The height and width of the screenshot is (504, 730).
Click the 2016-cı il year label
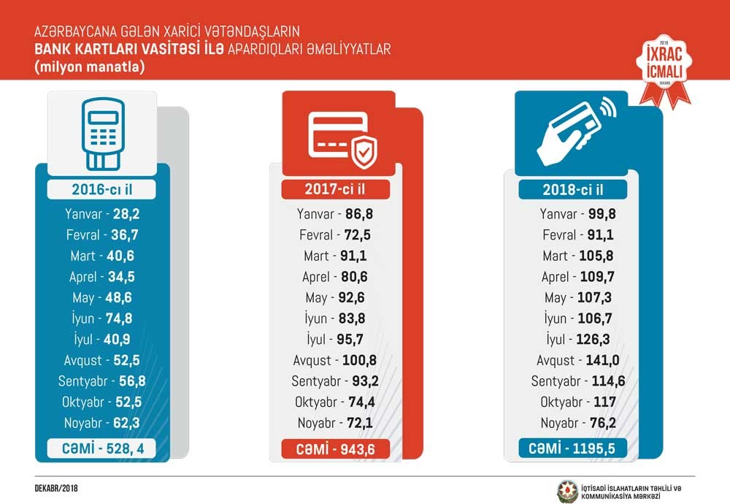[102, 190]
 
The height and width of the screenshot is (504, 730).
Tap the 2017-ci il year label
[336, 189]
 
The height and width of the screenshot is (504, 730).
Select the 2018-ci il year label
[573, 190]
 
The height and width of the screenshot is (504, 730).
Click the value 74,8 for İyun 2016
[119, 318]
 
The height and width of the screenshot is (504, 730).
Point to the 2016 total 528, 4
[102, 448]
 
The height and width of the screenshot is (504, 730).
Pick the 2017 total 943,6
[336, 449]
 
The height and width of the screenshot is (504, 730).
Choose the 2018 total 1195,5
[573, 448]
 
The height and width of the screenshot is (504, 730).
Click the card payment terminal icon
[102, 130]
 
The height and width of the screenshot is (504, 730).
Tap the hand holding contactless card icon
[573, 131]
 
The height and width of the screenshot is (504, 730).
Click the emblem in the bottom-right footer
[567, 488]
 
